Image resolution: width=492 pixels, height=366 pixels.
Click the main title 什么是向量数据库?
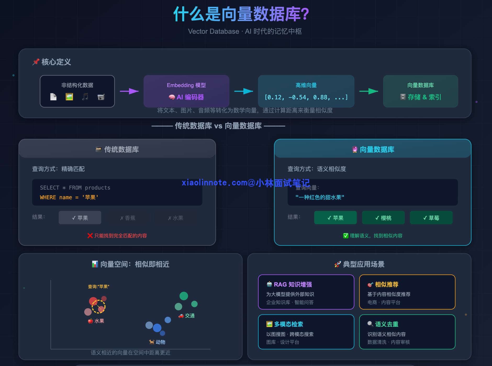pos(241,14)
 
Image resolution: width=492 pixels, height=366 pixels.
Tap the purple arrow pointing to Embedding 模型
pos(129,91)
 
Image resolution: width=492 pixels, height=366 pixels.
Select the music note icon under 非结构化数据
pos(85,97)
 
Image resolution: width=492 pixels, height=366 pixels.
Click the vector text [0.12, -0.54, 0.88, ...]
pos(306,97)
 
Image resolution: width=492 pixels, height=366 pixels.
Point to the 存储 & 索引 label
pos(424,97)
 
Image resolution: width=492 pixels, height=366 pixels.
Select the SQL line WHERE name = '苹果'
pos(69,197)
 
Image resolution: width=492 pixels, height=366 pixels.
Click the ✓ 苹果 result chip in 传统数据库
pos(80,218)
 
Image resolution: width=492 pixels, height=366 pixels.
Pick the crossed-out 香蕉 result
pos(128,218)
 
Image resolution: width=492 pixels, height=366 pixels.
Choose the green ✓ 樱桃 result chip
pos(383,218)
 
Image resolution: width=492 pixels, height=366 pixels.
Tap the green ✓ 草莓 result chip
pos(431,218)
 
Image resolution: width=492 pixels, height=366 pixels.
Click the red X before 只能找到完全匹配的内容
pos(90,236)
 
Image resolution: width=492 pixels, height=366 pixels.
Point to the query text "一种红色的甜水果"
pos(320,197)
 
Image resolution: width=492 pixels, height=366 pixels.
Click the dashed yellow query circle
pos(98,306)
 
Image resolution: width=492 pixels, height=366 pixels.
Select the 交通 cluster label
pos(189,316)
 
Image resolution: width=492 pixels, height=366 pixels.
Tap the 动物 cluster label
pos(160,342)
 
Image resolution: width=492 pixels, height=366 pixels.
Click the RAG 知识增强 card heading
pos(293,284)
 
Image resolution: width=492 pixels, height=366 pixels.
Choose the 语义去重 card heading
pos(386,324)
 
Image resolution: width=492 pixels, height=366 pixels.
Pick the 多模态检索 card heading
pos(288,324)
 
